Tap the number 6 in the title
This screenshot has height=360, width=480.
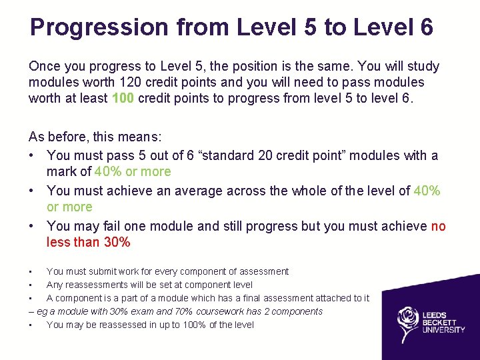(x=425, y=27)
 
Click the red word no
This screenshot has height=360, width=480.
(x=438, y=226)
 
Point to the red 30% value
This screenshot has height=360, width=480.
(x=117, y=242)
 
